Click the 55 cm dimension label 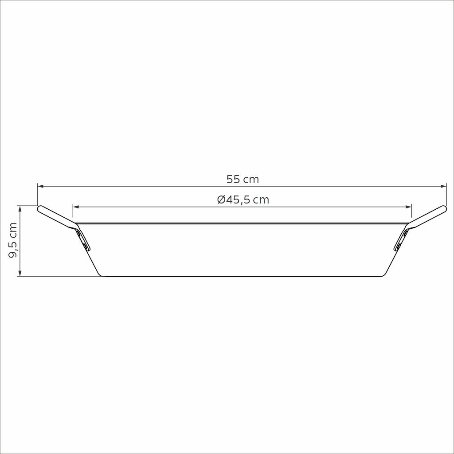243,180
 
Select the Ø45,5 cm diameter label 243,200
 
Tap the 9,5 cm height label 13,240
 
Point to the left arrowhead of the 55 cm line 41,186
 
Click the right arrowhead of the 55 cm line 443,186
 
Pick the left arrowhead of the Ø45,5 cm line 76,207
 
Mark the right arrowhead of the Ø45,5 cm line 408,207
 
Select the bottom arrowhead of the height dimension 20,273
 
